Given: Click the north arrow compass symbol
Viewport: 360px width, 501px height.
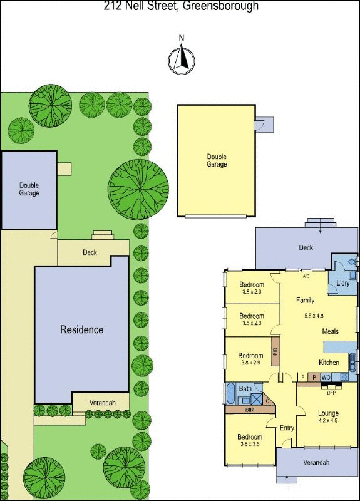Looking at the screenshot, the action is coord(182,60).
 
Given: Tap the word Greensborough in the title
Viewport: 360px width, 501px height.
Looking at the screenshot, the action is coord(220,6).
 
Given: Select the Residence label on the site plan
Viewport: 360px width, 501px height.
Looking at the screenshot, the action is coord(82,329).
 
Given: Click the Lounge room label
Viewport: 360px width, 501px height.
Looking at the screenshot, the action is coord(328,413).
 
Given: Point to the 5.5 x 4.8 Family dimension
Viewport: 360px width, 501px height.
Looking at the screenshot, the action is coord(314,316).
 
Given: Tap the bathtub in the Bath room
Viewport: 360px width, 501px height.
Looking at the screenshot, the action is coord(230,394).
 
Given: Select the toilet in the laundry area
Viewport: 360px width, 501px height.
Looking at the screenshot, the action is coord(352,262).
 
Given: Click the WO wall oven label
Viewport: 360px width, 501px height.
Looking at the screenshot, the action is coord(326,378).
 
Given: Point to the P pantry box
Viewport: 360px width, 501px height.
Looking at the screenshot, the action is coord(314,378).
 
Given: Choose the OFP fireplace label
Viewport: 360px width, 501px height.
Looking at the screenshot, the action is coord(331,393).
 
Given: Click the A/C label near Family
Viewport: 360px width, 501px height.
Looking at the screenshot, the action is coord(306,276).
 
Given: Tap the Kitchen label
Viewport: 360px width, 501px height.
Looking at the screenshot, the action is coord(329,363).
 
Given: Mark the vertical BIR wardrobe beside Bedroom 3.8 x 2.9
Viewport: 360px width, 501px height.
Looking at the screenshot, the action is coord(276,351).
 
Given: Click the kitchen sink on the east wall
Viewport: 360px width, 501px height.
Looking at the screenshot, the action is coord(352,363).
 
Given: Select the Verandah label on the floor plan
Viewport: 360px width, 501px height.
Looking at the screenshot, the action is coord(316,462).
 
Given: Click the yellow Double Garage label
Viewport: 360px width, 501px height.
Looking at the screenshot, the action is coord(217,160).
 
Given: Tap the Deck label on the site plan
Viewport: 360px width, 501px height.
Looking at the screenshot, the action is coord(90,252).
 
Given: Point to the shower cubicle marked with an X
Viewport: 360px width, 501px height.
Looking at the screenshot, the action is coord(256,400).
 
